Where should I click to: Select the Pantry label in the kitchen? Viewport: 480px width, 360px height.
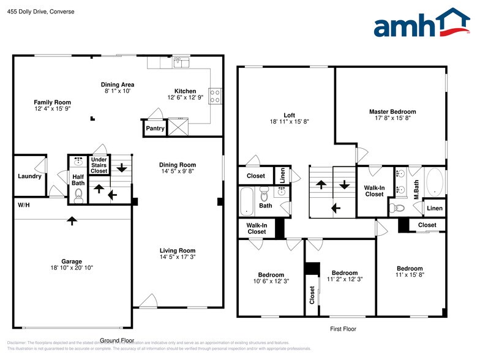[x=154, y=129]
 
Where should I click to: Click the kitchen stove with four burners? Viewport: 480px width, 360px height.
[x=216, y=96]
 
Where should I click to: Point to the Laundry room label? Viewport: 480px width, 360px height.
[x=29, y=176]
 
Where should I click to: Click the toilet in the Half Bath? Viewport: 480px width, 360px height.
[x=78, y=195]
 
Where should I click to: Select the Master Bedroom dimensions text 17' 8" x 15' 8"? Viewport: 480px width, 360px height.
[x=392, y=120]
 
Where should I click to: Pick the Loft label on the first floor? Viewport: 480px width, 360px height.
[x=289, y=114]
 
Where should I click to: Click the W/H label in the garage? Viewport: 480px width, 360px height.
[x=23, y=204]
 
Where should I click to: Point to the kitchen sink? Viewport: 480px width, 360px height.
[x=181, y=61]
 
